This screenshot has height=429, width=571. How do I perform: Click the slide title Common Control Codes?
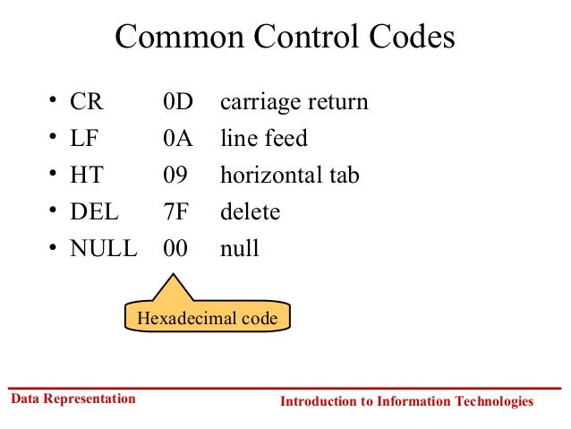pyautogui.click(x=285, y=38)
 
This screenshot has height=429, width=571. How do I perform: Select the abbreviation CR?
pyautogui.click(x=87, y=102)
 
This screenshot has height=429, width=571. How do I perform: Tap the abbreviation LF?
pyautogui.click(x=85, y=139)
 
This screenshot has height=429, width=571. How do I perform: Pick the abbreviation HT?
pyautogui.click(x=87, y=176)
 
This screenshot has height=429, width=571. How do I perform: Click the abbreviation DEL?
pyautogui.click(x=93, y=212)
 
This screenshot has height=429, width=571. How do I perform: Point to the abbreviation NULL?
pyautogui.click(x=104, y=248)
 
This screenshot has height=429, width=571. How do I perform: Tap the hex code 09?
pyautogui.click(x=175, y=176)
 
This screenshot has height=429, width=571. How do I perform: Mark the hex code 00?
pyautogui.click(x=175, y=248)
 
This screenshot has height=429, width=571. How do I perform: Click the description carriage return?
pyautogui.click(x=294, y=102)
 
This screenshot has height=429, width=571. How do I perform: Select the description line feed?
pyautogui.click(x=263, y=139)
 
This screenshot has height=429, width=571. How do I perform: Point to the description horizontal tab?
pyautogui.click(x=289, y=176)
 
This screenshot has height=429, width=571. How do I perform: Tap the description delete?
pyautogui.click(x=250, y=212)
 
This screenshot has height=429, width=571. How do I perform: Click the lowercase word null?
pyautogui.click(x=239, y=248)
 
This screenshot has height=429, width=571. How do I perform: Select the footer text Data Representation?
pyautogui.click(x=72, y=399)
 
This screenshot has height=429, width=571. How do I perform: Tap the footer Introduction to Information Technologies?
pyautogui.click(x=406, y=401)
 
